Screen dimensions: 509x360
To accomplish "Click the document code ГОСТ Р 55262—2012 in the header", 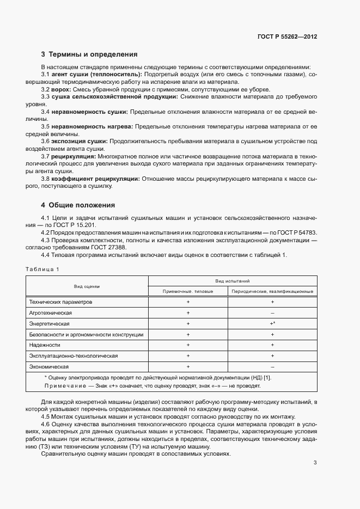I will (287, 36).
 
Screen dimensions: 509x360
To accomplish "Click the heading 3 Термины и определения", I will (89, 54).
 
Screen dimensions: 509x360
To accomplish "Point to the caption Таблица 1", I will (42, 269).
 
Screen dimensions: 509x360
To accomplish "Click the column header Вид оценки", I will (87, 286).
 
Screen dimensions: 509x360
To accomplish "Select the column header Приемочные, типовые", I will (188, 291).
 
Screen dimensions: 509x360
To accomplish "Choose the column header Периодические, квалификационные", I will (272, 291).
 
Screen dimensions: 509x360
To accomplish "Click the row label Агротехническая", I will (51, 312).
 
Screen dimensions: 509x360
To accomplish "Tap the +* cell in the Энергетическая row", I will (272, 323).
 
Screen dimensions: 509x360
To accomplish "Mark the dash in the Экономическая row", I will (272, 366).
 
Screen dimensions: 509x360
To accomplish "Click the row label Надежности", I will (45, 345).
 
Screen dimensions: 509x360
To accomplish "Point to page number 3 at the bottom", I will (315, 463).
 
